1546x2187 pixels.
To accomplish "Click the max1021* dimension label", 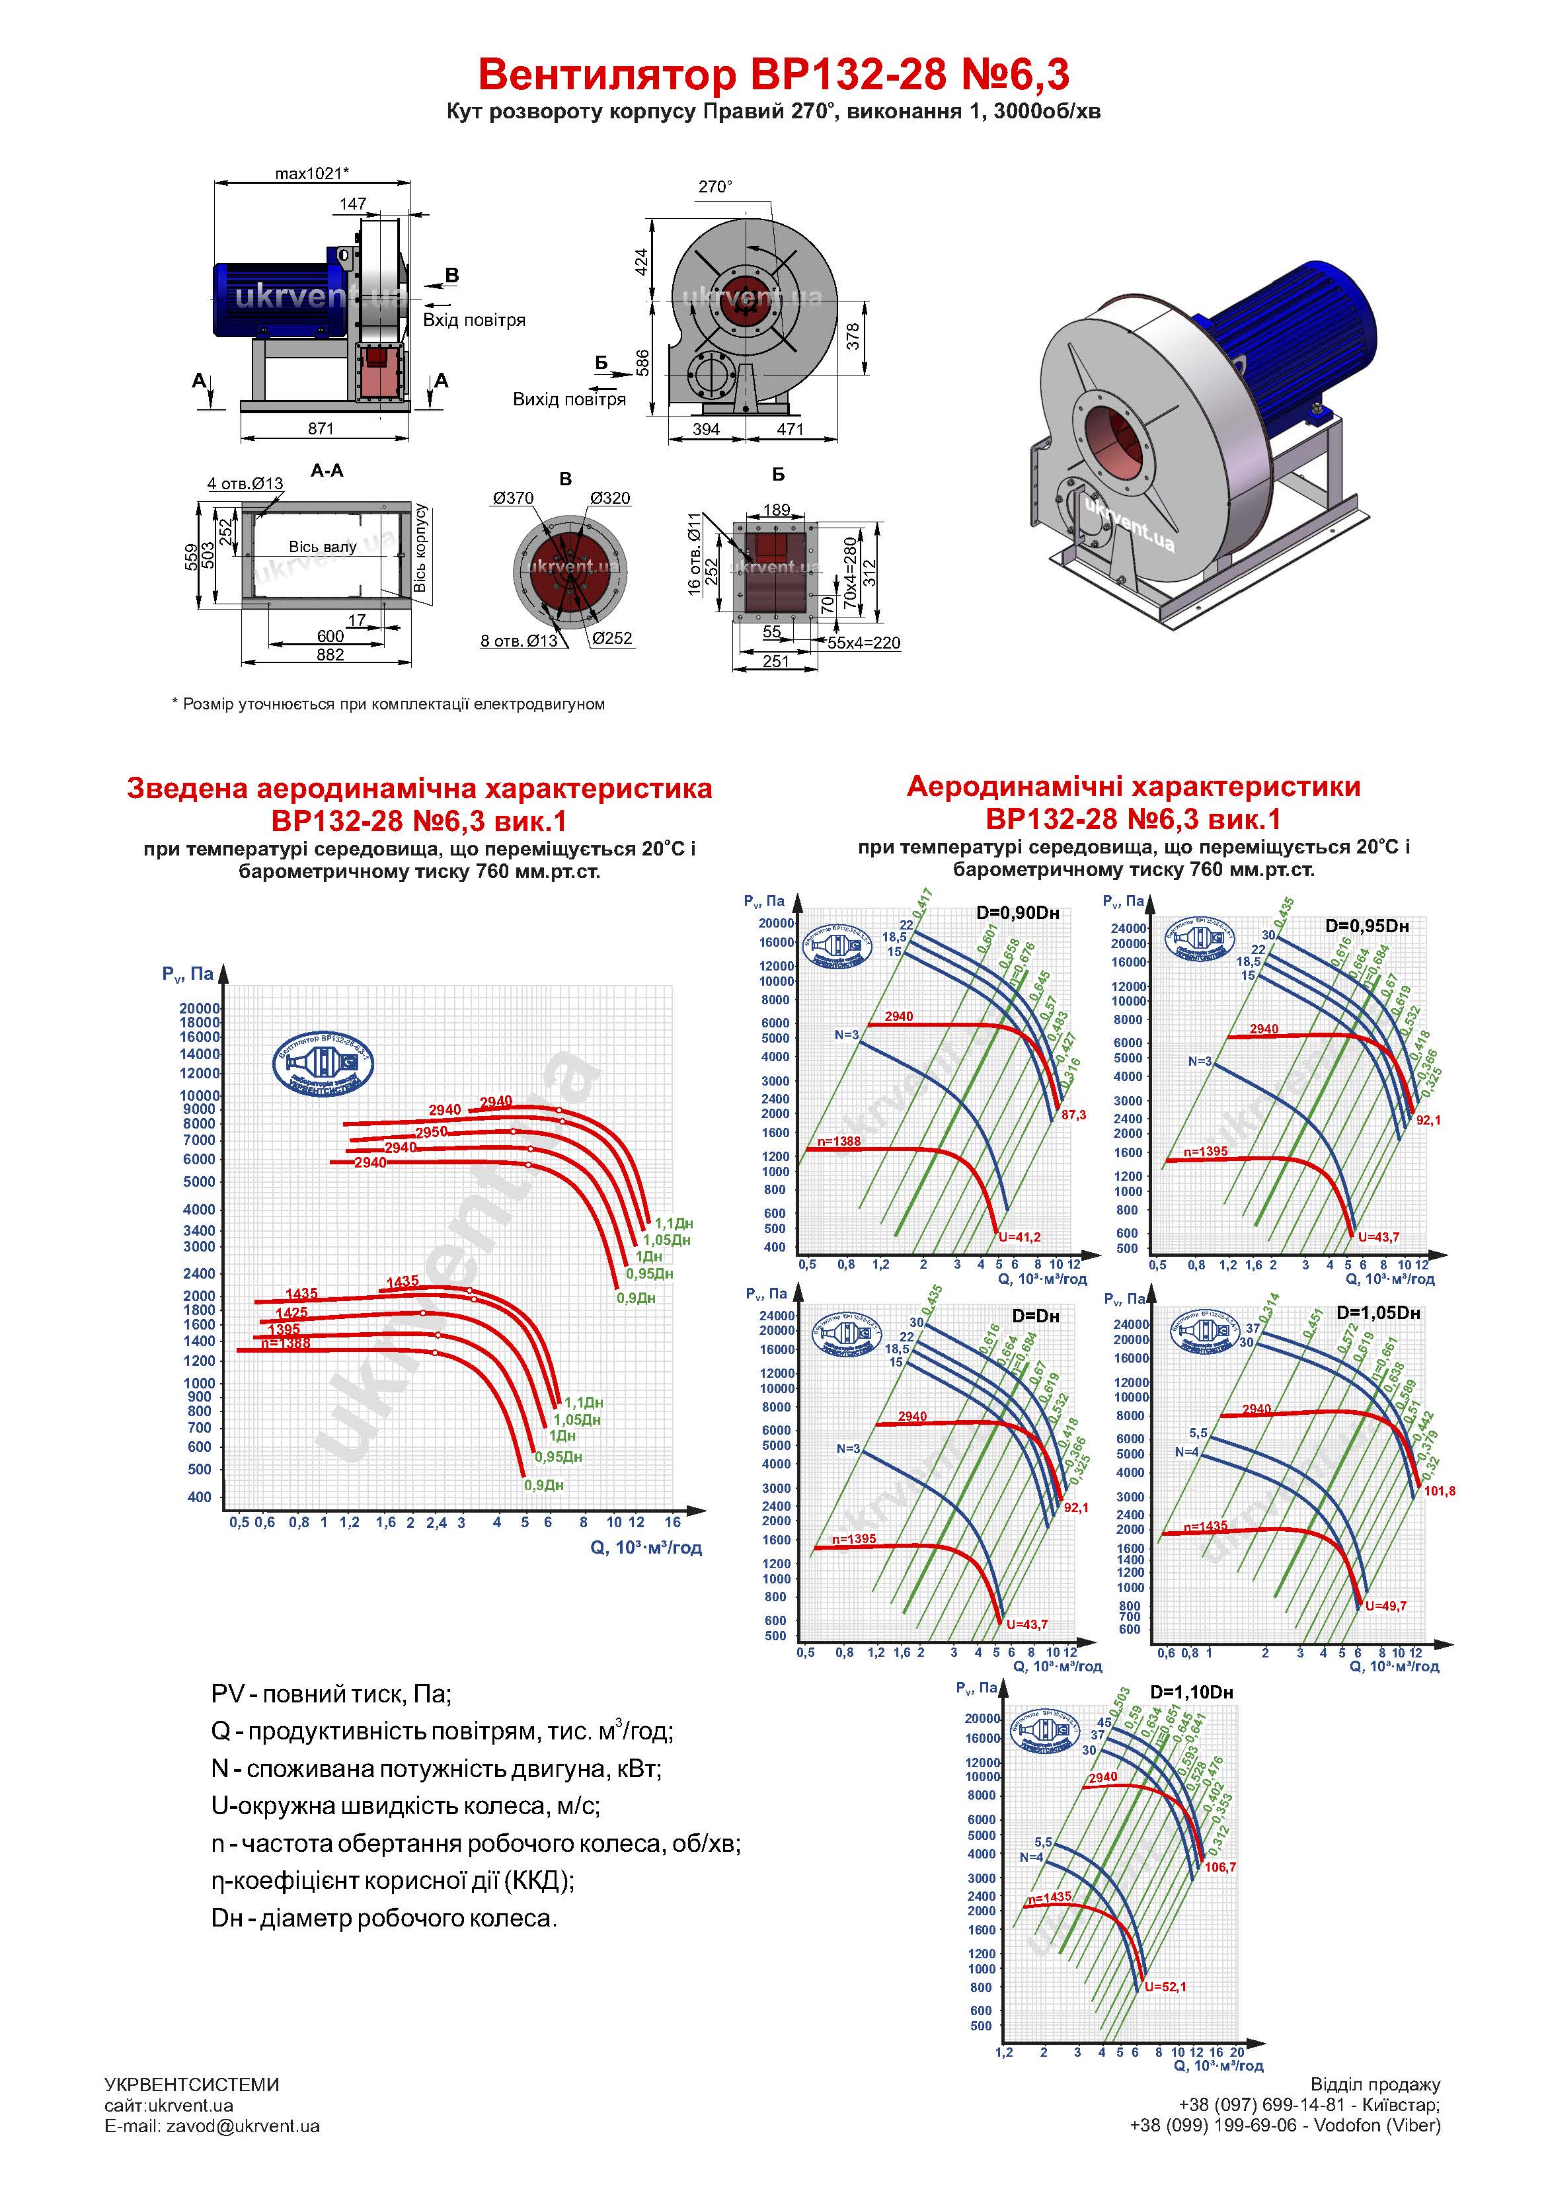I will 311,173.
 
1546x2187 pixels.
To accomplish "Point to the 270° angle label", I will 715,186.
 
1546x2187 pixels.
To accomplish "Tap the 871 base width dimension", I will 321,428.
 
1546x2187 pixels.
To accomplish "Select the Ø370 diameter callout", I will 514,498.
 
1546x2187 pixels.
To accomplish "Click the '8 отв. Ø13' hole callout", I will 519,641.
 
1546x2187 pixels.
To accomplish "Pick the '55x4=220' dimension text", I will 864,643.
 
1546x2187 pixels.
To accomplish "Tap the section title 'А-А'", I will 327,471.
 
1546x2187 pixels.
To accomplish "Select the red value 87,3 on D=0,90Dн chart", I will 1073,1115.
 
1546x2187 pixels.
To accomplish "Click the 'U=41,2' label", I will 1019,1238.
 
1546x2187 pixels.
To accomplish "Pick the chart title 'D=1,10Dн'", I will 1192,1692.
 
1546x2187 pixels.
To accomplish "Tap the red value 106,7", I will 1220,1867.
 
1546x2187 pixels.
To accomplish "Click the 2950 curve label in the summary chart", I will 432,1133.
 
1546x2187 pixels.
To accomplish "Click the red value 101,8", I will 1440,1491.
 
